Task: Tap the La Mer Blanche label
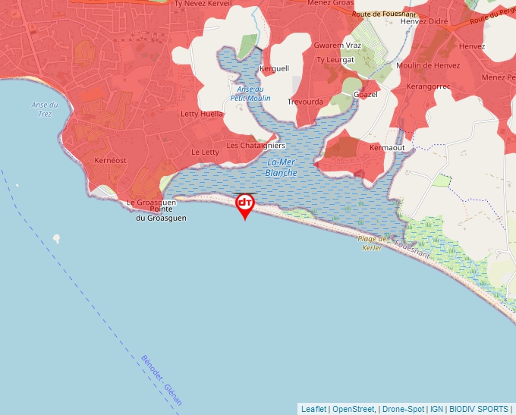pyautogui.click(x=282, y=168)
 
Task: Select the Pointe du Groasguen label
pyautogui.click(x=161, y=213)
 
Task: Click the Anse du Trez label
pyautogui.click(x=45, y=109)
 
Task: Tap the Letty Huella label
pyautogui.click(x=202, y=114)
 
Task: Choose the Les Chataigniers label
pyautogui.click(x=256, y=145)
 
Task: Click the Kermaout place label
pyautogui.click(x=387, y=147)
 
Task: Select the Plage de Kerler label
pyautogui.click(x=372, y=243)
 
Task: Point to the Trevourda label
pyautogui.click(x=305, y=102)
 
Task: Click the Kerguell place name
pyautogui.click(x=274, y=68)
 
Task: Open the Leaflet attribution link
pyautogui.click(x=313, y=409)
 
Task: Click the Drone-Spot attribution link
pyautogui.click(x=403, y=409)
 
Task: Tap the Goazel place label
pyautogui.click(x=366, y=94)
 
